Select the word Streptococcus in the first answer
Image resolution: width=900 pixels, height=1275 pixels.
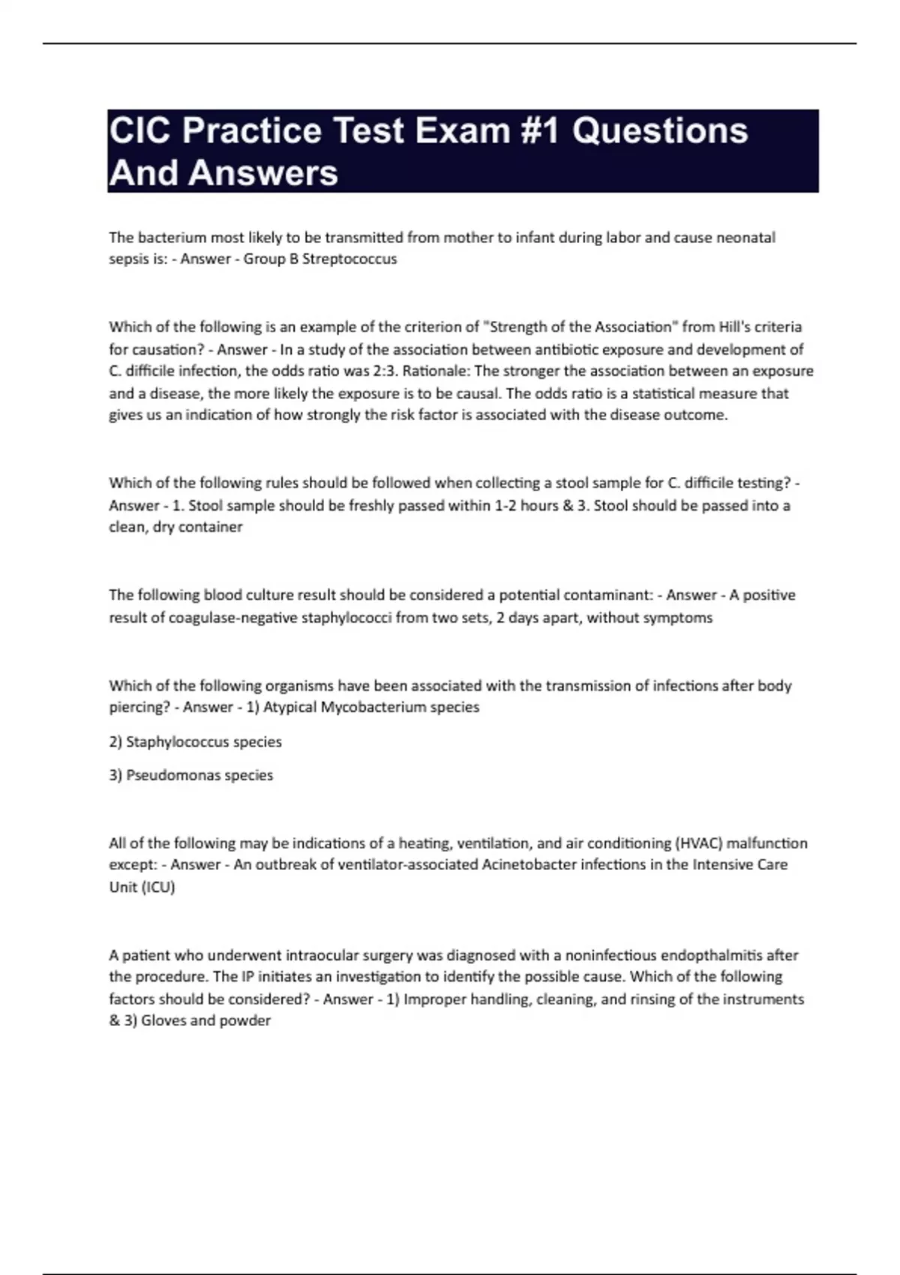click(349, 259)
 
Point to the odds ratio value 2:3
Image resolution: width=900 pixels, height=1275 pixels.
click(385, 371)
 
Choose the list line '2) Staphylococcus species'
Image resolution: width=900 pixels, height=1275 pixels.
click(196, 742)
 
